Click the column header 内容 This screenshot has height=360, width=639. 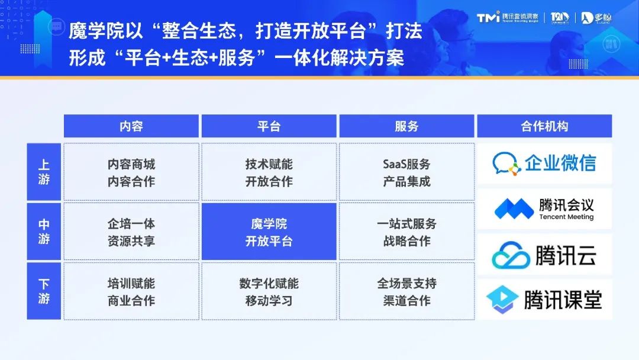131,126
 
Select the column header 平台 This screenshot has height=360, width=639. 269,126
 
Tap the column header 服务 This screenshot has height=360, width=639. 406,126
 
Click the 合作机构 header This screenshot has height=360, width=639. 544,126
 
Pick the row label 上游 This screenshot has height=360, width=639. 44,172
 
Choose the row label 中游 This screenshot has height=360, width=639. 44,232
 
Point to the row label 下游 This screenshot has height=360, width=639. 44,291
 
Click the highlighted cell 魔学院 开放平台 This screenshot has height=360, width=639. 269,232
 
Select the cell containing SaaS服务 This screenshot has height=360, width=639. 406,172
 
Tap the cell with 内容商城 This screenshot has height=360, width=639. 131,172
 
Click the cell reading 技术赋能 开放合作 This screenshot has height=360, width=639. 269,172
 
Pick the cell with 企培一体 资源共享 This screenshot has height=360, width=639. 131,232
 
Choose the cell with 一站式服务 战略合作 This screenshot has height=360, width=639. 406,232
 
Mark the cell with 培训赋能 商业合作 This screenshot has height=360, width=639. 131,291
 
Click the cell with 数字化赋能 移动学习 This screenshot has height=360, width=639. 269,291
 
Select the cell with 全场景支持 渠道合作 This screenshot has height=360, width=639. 406,291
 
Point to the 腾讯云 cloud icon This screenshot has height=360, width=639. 511,255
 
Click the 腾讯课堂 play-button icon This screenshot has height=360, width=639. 502,300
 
